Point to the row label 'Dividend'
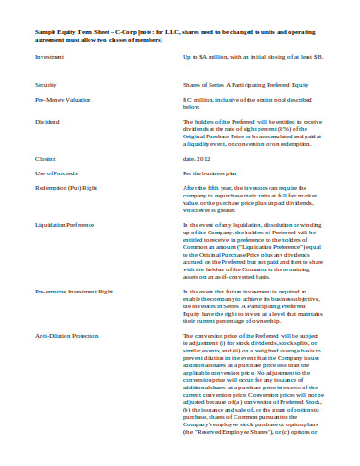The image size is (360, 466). tap(47, 121)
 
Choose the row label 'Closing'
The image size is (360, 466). tap(45, 159)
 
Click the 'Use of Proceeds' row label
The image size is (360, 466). tap(54, 173)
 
